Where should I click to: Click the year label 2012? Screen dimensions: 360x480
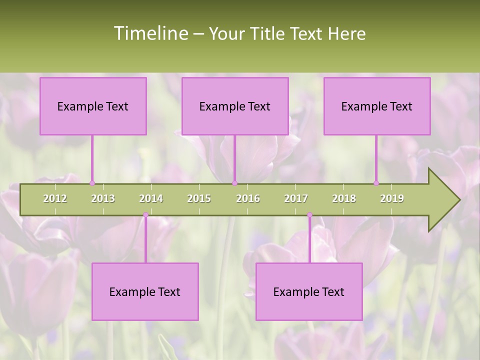[55, 198]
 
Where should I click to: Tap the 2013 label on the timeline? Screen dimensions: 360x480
[103, 198]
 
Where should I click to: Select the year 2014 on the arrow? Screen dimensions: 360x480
[151, 198]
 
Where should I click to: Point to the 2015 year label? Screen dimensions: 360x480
[199, 198]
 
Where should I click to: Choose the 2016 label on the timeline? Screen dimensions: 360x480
[248, 198]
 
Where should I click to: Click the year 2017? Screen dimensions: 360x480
[296, 198]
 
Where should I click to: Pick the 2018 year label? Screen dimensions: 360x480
[344, 198]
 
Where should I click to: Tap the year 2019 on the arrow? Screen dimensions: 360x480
[392, 198]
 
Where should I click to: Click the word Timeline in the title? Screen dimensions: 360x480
[150, 33]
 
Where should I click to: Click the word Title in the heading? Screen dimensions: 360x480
[269, 33]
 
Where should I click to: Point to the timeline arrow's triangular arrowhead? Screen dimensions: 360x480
[443, 200]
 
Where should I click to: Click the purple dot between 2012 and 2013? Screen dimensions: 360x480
[92, 183]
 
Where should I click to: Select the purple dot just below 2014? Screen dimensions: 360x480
[145, 215]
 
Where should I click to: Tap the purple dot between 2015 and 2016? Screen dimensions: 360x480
[234, 183]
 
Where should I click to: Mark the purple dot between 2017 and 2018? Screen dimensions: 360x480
[309, 215]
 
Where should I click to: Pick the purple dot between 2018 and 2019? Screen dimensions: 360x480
[376, 183]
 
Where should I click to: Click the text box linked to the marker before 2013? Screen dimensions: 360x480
[93, 106]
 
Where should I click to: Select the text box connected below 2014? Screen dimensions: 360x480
[145, 291]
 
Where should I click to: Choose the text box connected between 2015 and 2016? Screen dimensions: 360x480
[235, 106]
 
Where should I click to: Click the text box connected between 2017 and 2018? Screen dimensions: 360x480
[309, 291]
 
